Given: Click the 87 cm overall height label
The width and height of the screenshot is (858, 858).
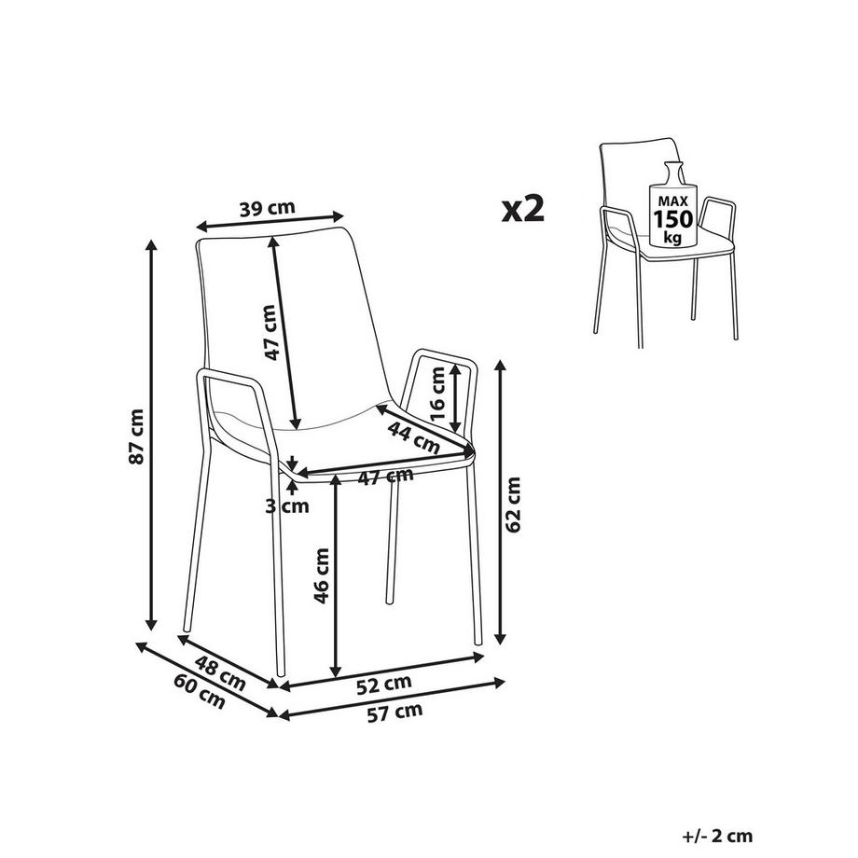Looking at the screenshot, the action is click(x=136, y=436).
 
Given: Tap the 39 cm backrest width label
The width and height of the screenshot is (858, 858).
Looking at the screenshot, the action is click(x=267, y=209).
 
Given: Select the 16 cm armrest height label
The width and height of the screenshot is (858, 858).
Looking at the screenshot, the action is click(x=438, y=393).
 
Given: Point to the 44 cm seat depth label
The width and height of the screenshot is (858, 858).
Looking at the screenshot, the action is click(x=414, y=437).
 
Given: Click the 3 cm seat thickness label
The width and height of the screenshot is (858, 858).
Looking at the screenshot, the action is click(x=287, y=506).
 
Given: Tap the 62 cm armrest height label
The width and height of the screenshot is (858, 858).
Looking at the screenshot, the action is click(x=513, y=505).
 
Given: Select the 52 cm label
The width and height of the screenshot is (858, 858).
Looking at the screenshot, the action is click(x=383, y=684).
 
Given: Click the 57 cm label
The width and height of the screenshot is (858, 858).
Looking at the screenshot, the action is click(x=394, y=713).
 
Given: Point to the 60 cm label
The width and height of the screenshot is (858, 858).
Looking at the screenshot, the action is click(x=200, y=691).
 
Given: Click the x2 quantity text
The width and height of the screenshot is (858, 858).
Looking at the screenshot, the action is click(x=523, y=209).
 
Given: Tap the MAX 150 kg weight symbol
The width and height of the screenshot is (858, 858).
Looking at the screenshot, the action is click(x=672, y=205).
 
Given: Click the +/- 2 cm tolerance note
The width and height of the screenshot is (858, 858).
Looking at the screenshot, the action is click(x=717, y=837).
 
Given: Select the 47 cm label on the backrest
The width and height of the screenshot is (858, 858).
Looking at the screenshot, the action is click(x=270, y=332).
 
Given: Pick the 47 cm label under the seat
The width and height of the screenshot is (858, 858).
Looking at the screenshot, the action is click(x=386, y=477).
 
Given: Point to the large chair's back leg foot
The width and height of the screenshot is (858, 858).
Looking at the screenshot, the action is click(x=389, y=602).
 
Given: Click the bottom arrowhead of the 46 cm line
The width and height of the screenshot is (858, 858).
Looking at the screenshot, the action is click(x=336, y=671).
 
